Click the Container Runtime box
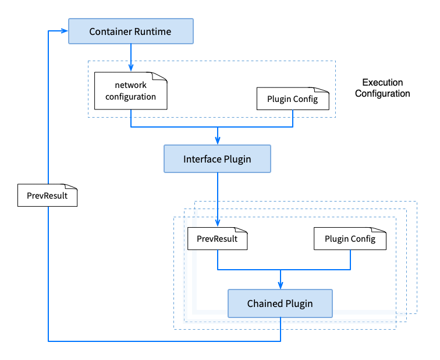coord(130,31)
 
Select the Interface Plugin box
coord(217,159)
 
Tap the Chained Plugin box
coord(280,303)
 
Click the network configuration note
coord(131,91)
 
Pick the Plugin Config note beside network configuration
coord(292,99)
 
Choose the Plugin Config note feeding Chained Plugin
coord(350,239)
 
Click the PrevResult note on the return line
coord(47,195)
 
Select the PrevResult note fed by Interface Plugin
coord(217,239)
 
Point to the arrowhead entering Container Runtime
coord(65,31)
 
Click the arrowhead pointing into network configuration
coord(131,69)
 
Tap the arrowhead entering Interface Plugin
coord(217,141)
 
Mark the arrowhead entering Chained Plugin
coord(281,285)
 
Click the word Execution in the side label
coord(382,83)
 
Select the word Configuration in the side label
coord(382,93)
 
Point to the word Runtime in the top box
coord(152,31)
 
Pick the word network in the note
coord(131,86)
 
